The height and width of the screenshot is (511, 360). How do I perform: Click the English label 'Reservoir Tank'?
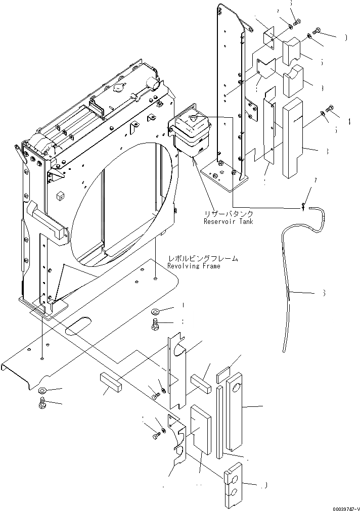(228, 221)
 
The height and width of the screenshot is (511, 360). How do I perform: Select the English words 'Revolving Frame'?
(194, 266)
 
